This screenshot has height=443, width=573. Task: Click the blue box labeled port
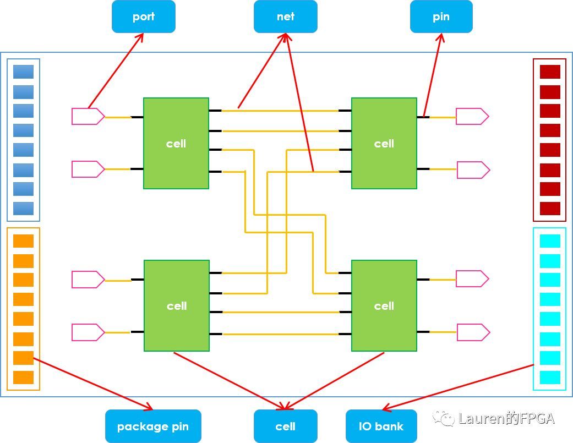[x=144, y=17]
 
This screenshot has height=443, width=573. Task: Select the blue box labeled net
[x=286, y=17]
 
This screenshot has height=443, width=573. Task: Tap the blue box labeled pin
[x=441, y=17]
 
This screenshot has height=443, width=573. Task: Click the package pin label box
[x=153, y=426]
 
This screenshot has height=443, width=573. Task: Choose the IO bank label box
[x=381, y=426]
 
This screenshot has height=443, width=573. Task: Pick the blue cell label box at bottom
[x=286, y=426]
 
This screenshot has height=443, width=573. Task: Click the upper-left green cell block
[x=176, y=143]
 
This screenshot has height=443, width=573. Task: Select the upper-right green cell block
[x=384, y=143]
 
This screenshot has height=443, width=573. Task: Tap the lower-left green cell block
[x=177, y=305]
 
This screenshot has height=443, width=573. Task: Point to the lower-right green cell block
[x=384, y=305]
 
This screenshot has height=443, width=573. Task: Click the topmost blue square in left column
[x=23, y=72]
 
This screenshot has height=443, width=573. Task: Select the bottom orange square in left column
[x=23, y=378]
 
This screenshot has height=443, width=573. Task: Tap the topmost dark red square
[x=550, y=72]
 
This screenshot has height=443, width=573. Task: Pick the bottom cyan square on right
[x=550, y=378]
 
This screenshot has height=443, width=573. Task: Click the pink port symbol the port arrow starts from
[x=88, y=116]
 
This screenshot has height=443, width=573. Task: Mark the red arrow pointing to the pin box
[x=433, y=74]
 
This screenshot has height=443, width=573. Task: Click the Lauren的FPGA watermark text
[x=498, y=419]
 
